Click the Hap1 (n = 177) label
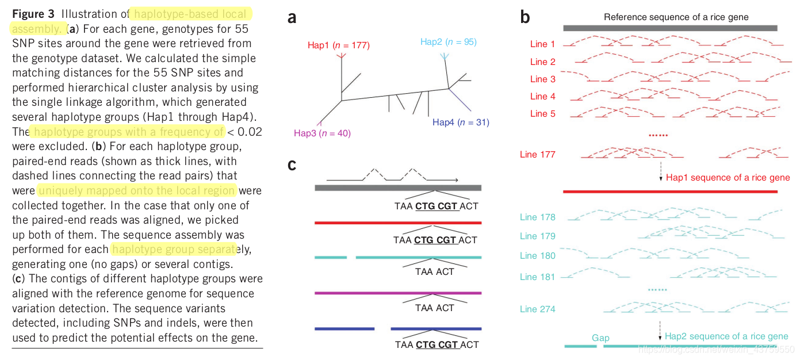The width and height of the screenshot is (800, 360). tap(339, 45)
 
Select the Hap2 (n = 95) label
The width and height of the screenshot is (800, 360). tap(448, 41)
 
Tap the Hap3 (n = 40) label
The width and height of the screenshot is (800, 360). tap(322, 133)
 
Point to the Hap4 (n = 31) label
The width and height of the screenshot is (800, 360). tap(461, 122)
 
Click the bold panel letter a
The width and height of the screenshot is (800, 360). tap(292, 18)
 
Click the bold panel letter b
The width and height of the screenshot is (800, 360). tap(525, 17)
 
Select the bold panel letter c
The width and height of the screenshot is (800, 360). tap(292, 164)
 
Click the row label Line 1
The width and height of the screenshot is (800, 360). tap(542, 44)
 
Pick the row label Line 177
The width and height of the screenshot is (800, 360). tap(537, 154)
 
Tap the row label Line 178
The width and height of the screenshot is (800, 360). tap(537, 217)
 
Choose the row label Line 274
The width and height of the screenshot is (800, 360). tap(537, 309)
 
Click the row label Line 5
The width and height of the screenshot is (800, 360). tap(542, 114)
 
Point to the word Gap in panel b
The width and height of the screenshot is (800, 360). tap(600, 338)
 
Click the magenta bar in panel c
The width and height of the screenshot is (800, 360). tap(398, 293)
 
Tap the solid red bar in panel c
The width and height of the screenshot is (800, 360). tap(398, 222)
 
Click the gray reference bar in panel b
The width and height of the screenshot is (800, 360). tap(670, 28)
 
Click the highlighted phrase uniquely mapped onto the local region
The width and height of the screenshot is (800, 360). tap(137, 190)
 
